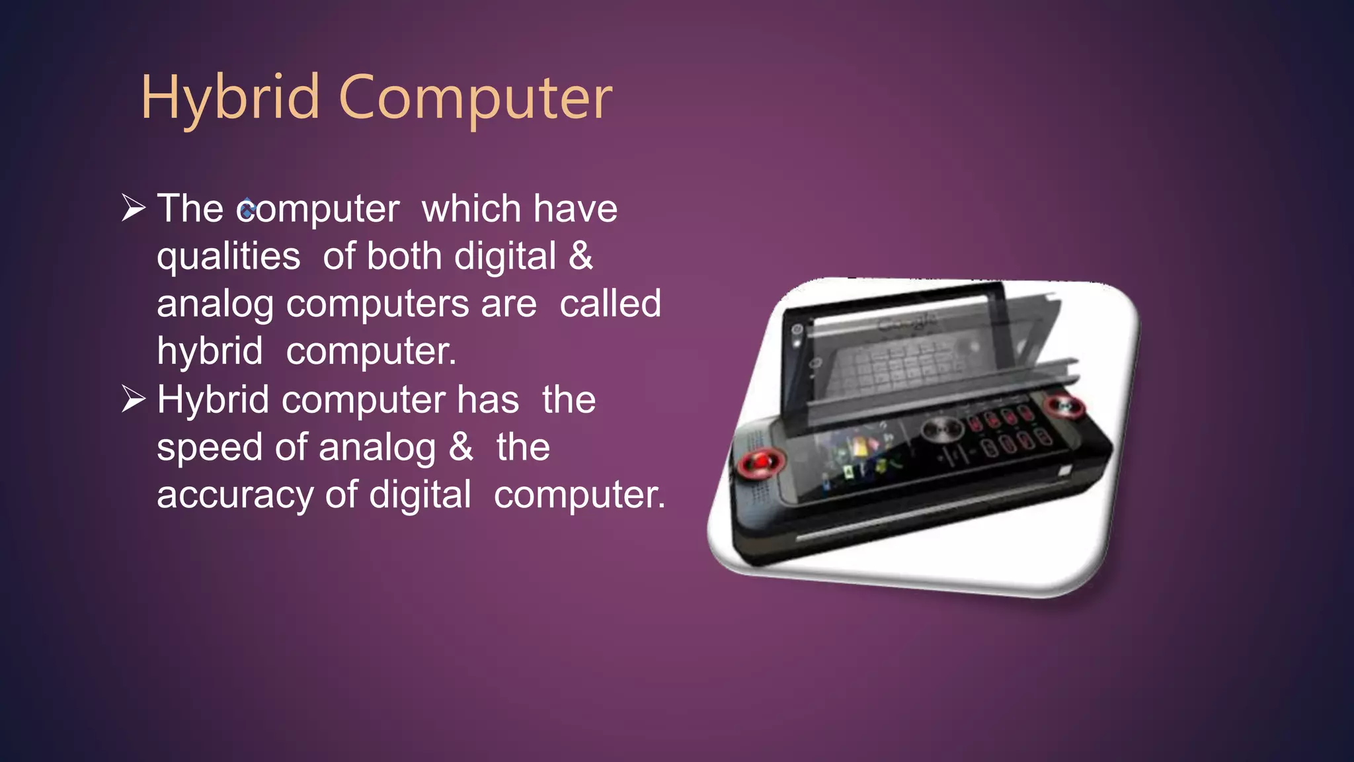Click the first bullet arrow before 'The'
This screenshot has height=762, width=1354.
coord(134,208)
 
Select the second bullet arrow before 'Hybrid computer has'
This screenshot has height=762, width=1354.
coord(134,399)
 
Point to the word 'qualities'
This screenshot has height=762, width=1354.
coord(228,257)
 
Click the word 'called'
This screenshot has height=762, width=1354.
coord(610,304)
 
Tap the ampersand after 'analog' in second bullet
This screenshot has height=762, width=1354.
coord(461,447)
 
